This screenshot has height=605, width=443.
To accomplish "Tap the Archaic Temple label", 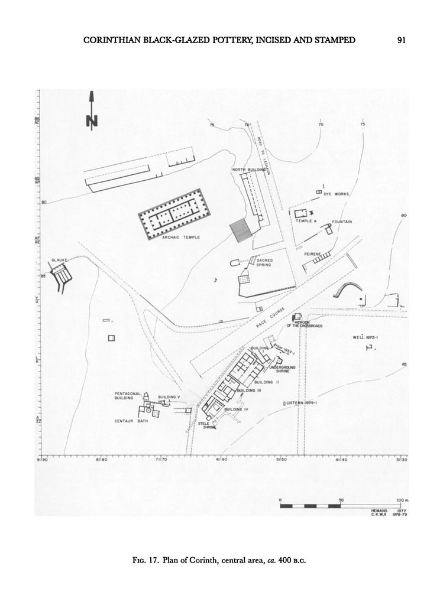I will [x=181, y=238].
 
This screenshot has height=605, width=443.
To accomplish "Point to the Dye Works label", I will [x=337, y=194].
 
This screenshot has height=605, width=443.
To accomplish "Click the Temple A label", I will [x=306, y=221].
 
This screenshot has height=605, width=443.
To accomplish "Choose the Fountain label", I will [x=342, y=222].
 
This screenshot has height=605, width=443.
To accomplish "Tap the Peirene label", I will [x=312, y=253].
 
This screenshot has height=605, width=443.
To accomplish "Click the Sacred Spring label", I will [x=263, y=262].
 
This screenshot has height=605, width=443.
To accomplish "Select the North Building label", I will [x=248, y=170].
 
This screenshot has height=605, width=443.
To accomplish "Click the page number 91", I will [x=400, y=41].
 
